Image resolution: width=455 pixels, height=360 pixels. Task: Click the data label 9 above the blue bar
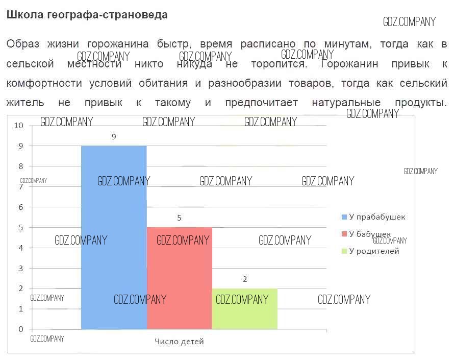tap(114, 136)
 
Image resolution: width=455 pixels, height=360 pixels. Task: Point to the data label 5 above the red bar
tap(179, 218)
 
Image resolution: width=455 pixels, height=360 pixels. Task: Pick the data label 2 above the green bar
tap(245, 279)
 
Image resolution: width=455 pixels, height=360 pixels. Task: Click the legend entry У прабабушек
tap(377, 217)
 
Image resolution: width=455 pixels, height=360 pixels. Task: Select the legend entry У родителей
tap(374, 251)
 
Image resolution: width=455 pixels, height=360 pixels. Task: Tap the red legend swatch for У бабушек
tap(344, 234)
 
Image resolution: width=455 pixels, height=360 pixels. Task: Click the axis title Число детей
tap(179, 342)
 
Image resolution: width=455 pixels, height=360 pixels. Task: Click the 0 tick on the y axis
tap(21, 329)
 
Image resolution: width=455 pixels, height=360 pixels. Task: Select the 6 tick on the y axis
tap(21, 207)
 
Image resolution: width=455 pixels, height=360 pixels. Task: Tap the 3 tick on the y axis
tap(21, 268)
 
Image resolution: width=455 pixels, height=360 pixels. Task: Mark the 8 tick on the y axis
tap(21, 166)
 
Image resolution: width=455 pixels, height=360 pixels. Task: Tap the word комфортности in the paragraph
tap(44, 83)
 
